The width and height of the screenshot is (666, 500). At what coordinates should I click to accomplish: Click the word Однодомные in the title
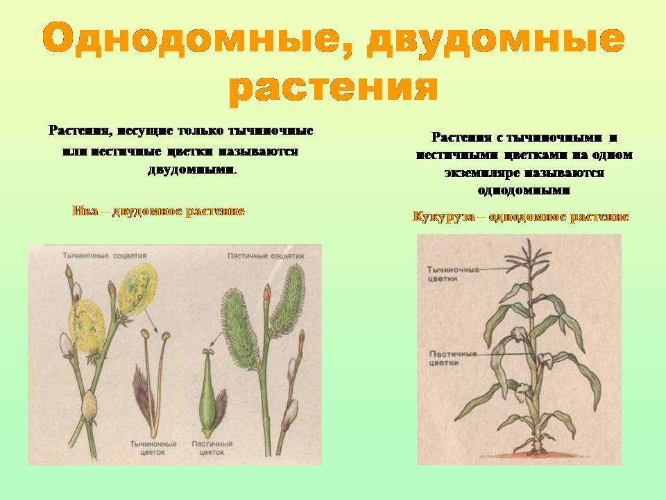(x=193, y=41)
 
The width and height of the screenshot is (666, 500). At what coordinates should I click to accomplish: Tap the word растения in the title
(x=334, y=88)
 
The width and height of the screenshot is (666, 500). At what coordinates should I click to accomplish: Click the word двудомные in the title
(x=495, y=41)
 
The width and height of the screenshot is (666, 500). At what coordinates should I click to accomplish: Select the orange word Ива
(x=85, y=211)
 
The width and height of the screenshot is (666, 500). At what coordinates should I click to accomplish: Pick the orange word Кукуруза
(x=443, y=217)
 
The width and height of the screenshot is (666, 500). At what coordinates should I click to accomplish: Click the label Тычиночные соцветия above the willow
(x=105, y=256)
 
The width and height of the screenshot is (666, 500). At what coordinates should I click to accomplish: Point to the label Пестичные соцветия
(x=266, y=256)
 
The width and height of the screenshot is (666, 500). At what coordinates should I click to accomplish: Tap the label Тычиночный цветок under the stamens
(x=153, y=448)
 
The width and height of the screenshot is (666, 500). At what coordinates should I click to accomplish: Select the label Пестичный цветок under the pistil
(x=212, y=448)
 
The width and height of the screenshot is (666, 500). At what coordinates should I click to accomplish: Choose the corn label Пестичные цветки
(x=453, y=358)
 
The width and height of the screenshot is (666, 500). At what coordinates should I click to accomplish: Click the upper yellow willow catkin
(x=137, y=289)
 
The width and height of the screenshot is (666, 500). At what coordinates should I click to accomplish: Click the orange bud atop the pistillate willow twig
(x=266, y=292)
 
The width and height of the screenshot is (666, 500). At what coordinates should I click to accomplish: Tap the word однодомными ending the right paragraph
(x=524, y=190)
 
